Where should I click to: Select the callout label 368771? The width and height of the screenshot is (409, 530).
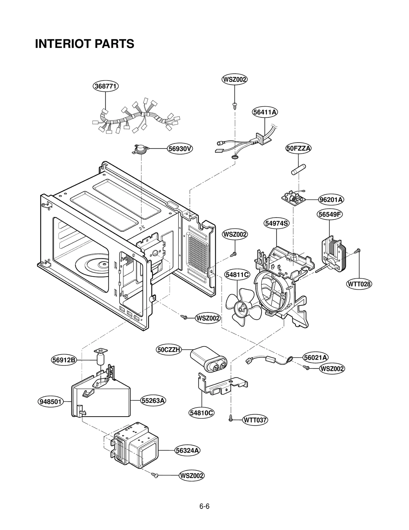[x=106, y=86]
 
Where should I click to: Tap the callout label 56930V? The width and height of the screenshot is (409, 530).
[x=180, y=149]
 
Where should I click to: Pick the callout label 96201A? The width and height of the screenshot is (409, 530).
[x=331, y=199]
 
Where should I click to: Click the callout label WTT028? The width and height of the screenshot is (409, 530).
[x=359, y=284]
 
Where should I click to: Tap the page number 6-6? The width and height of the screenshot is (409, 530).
[x=204, y=506]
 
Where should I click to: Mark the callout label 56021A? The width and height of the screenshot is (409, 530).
[x=316, y=357]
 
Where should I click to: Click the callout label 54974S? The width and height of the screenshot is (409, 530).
[x=277, y=223]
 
